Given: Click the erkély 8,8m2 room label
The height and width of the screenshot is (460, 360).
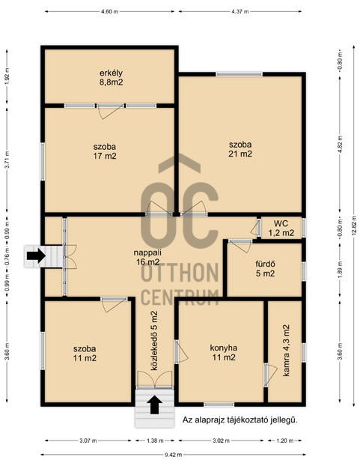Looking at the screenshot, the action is (x=111, y=77).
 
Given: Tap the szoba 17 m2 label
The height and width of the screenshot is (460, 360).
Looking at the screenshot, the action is (x=105, y=151).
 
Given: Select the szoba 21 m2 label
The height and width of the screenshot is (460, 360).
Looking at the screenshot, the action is (x=240, y=149).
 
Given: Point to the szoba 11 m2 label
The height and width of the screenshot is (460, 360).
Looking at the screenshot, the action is (x=85, y=353).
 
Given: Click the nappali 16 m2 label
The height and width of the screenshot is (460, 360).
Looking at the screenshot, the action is (x=147, y=257).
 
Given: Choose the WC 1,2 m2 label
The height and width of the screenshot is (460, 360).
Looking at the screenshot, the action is (x=281, y=228).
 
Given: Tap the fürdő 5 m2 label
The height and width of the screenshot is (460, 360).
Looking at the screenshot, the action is (x=265, y=269).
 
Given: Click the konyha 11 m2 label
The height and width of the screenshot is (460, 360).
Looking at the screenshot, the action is (x=224, y=352).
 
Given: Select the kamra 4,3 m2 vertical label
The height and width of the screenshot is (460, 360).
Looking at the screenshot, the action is (x=286, y=350).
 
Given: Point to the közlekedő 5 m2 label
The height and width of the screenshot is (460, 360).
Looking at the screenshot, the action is (x=154, y=341).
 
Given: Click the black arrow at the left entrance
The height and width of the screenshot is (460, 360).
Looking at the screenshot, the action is (x=36, y=255).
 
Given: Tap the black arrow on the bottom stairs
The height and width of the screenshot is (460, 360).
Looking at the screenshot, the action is (x=154, y=405).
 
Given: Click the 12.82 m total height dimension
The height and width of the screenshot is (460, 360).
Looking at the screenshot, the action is (x=355, y=226).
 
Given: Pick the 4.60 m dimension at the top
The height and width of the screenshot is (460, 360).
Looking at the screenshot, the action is (x=109, y=12).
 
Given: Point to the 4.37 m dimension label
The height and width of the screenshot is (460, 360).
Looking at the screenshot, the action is (x=240, y=12).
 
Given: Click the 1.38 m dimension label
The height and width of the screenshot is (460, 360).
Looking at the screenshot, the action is (x=154, y=441).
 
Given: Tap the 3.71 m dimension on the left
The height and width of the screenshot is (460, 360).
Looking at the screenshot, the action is (x=7, y=160).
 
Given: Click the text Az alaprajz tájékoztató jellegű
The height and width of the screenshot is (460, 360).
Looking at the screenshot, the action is (x=240, y=420).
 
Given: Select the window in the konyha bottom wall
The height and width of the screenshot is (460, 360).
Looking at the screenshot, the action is (x=219, y=405).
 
